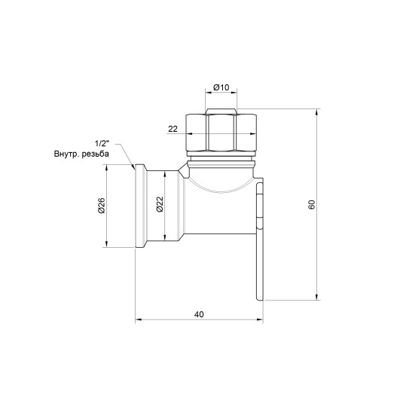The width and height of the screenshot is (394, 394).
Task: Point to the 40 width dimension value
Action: click(x=200, y=313)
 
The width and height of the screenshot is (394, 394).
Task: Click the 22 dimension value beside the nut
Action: click(x=173, y=129)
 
